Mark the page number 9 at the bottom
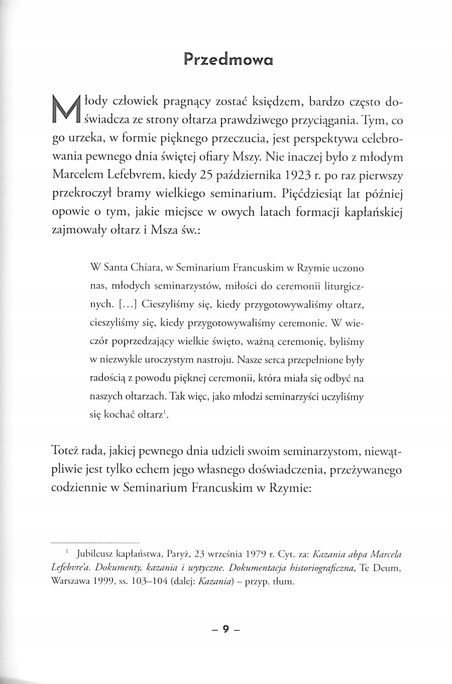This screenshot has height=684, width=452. [x=226, y=629]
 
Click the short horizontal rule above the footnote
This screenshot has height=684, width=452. [x=95, y=543]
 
